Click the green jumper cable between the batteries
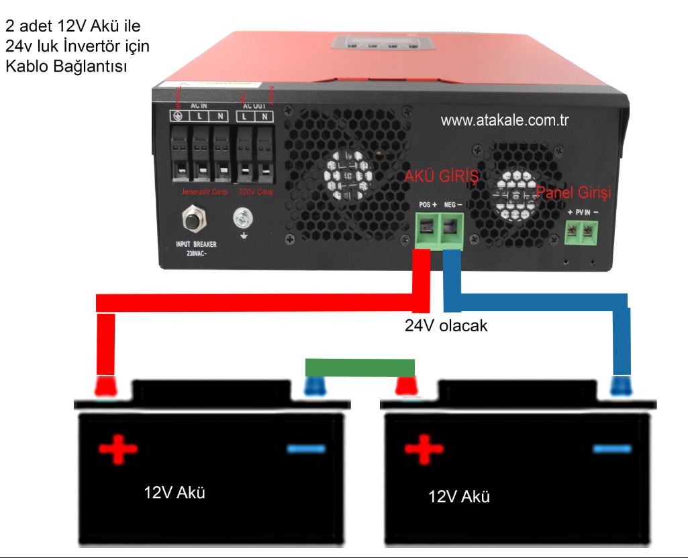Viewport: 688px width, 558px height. pyautogui.click(x=360, y=368)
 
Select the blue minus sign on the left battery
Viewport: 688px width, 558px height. pyautogui.click(x=307, y=448)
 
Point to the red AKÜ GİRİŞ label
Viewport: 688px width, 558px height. pyautogui.click(x=441, y=177)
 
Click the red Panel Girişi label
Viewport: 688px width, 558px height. pyautogui.click(x=574, y=193)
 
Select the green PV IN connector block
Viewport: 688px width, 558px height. pyautogui.click(x=581, y=232)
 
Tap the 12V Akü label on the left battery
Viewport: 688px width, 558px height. pyautogui.click(x=175, y=493)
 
